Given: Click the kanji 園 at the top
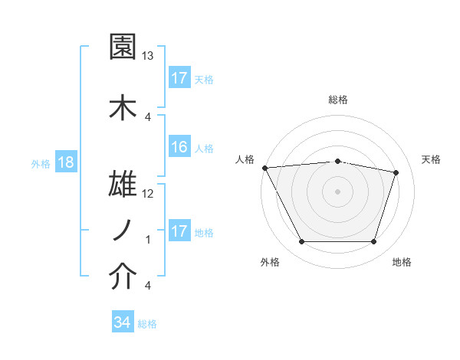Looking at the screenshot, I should point(123,47).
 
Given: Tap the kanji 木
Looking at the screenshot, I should point(123,106).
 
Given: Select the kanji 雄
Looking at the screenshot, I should point(123,185).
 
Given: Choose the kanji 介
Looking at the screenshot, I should point(123,277).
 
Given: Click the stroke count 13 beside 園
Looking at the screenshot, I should point(148,56).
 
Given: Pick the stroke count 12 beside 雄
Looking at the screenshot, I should point(148,194).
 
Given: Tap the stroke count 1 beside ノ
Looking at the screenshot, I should point(148,240).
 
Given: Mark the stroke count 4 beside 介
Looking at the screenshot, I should point(148,286).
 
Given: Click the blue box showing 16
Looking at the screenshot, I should point(179,148).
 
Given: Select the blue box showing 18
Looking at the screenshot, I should point(65,163).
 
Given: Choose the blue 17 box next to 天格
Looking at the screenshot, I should point(179,79).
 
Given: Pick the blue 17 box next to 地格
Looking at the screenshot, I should point(179,232).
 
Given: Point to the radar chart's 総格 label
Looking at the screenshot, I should point(337,100).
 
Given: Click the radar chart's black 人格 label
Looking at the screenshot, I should point(245,159).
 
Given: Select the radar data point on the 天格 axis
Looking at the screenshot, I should point(396,172).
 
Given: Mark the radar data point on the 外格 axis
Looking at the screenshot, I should point(301,242).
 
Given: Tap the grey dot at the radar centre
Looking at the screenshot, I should point(337,191).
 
